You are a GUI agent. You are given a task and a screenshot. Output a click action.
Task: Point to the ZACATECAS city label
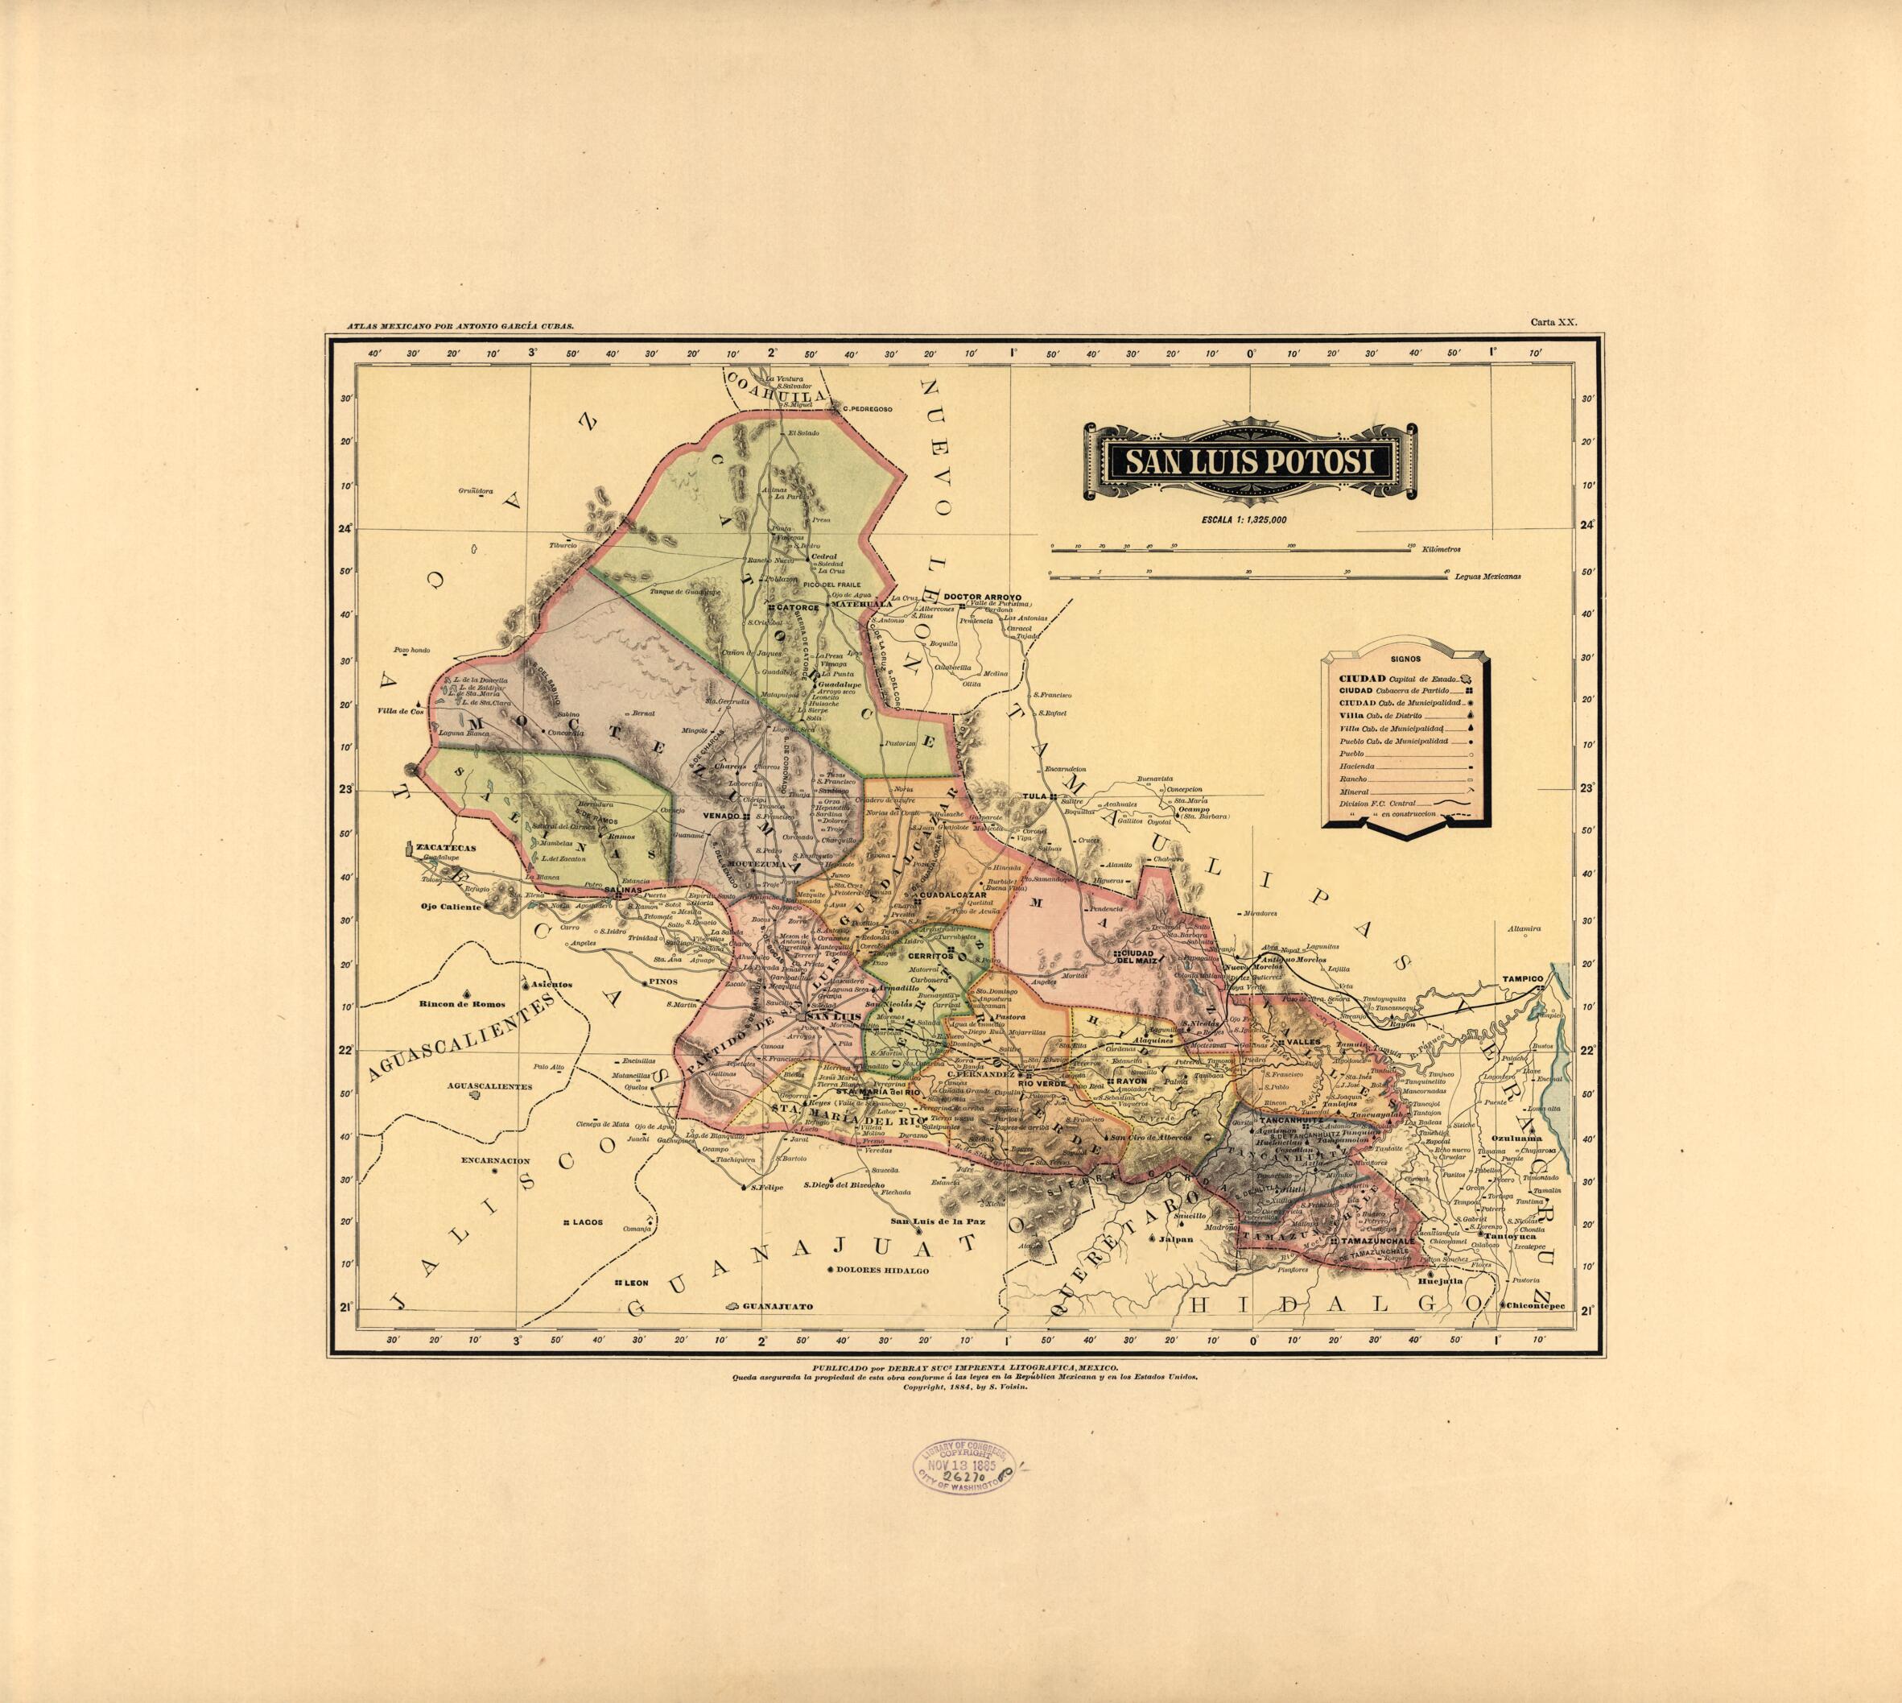tap(448, 848)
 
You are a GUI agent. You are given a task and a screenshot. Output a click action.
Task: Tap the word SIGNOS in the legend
tap(1405, 659)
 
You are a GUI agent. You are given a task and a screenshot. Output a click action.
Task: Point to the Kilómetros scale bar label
tap(1441, 550)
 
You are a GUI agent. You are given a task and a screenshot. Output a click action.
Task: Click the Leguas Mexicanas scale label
tap(1487, 577)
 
